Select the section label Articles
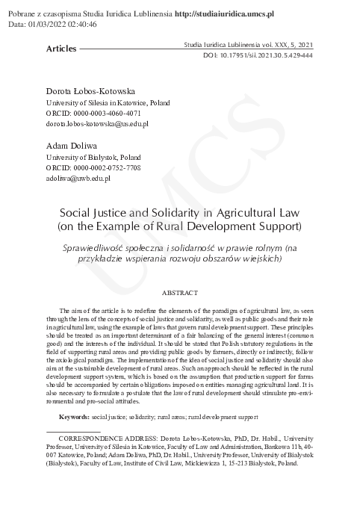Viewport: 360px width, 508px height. pyautogui.click(x=60, y=49)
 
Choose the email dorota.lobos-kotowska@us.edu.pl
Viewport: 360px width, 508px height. pyautogui.click(x=97, y=124)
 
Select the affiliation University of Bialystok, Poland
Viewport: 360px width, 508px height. pyautogui.click(x=93, y=158)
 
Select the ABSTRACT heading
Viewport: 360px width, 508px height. pyautogui.click(x=180, y=292)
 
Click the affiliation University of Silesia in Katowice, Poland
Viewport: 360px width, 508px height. pyautogui.click(x=108, y=102)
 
